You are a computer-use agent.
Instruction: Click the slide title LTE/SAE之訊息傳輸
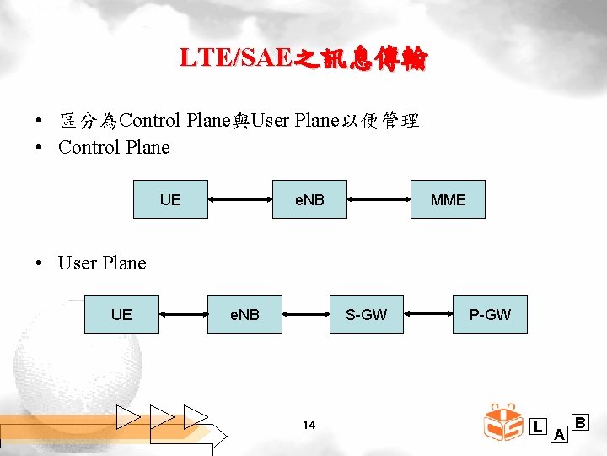[303, 58]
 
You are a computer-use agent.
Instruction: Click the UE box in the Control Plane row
[170, 199]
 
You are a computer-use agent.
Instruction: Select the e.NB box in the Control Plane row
[309, 199]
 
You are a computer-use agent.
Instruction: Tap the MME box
[448, 199]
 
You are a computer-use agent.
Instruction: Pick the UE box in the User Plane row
[121, 314]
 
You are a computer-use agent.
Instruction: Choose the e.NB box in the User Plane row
[244, 314]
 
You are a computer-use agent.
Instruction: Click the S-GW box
[367, 314]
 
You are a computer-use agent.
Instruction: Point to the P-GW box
[490, 314]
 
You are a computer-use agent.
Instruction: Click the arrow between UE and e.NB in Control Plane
[239, 200]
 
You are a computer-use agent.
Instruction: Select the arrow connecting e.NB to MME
[379, 200]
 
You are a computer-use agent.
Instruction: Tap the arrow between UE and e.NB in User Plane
[183, 315]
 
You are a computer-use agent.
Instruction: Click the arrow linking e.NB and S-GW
[305, 315]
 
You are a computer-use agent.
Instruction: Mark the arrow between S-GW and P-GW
[428, 315]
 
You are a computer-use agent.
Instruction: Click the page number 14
[309, 425]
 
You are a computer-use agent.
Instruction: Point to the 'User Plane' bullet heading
[102, 263]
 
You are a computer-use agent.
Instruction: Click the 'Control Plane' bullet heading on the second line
[114, 148]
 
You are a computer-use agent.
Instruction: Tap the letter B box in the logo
[581, 421]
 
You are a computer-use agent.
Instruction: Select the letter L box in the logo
[538, 427]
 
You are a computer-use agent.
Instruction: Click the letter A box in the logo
[558, 435]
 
